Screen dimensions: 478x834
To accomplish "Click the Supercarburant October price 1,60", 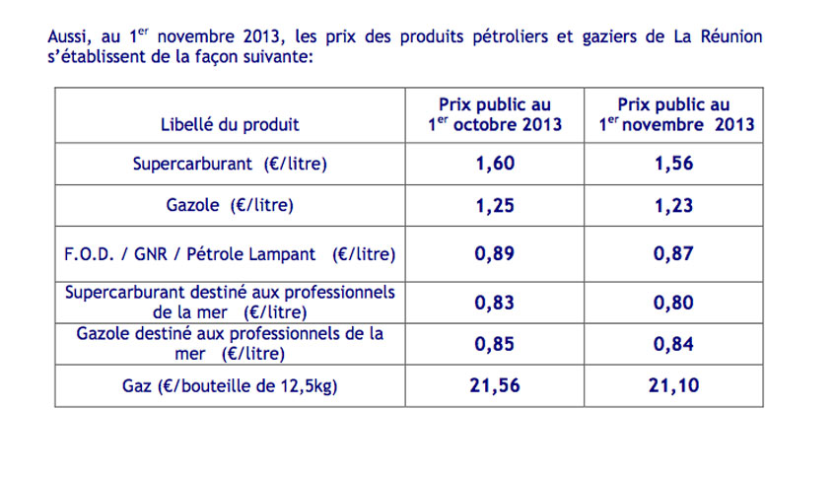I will (494, 164).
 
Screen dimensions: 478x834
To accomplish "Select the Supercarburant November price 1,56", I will (673, 164).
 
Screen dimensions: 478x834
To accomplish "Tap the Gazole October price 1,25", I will (494, 206).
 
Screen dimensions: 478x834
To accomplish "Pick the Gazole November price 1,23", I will (673, 206).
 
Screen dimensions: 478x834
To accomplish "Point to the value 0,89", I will (494, 253).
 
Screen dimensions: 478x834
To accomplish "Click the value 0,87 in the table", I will (673, 253).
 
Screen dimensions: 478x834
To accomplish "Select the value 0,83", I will (494, 303).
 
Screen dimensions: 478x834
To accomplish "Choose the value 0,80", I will (673, 303).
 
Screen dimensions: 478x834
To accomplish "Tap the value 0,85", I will (494, 344).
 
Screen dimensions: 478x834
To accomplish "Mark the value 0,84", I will (673, 344).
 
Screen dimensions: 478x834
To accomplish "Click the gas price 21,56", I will (494, 385).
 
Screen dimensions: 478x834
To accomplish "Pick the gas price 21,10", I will (673, 385).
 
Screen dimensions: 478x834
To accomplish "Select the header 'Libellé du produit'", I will (230, 125).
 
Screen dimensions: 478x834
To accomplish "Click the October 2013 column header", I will (494, 115).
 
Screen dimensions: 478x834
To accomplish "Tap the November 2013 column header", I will (674, 115).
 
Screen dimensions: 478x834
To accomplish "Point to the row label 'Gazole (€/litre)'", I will (230, 207).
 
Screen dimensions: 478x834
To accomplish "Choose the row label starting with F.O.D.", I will (230, 254).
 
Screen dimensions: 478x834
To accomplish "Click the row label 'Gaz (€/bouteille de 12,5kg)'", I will (230, 386).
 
